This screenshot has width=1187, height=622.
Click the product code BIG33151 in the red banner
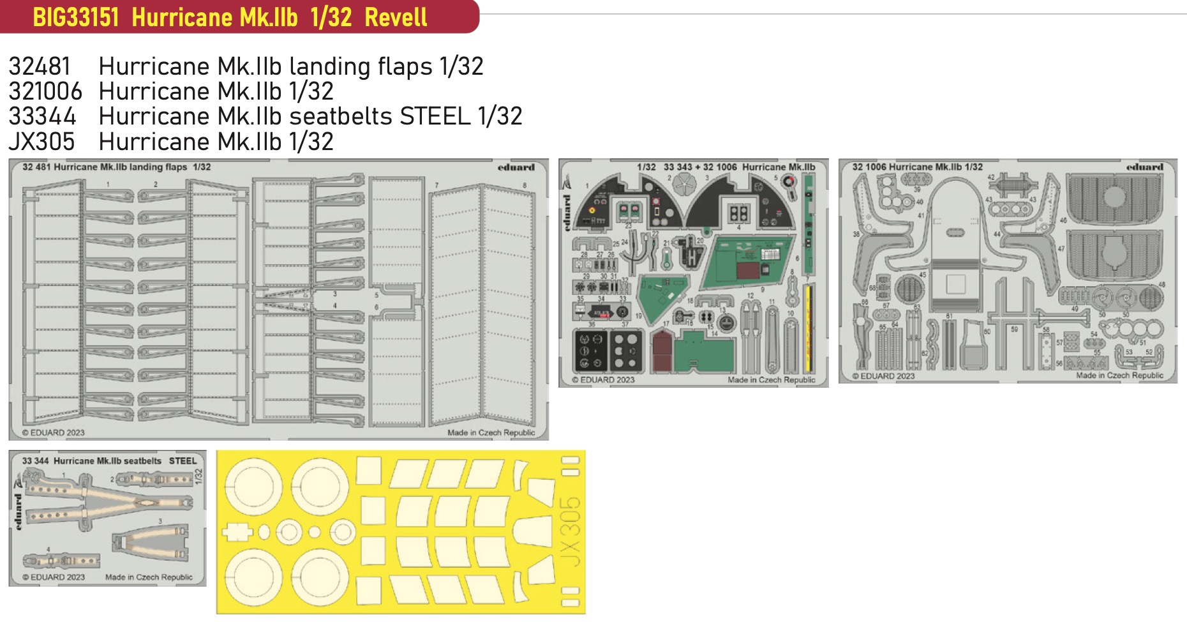point(76,17)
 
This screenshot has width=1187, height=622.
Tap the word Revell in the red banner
point(396,17)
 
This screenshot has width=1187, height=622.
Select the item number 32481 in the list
point(39,66)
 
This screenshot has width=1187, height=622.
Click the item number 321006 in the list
point(45,91)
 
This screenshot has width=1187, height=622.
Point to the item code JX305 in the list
point(41,142)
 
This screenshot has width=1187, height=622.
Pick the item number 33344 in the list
point(42,116)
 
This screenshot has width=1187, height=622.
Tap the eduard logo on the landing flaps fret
point(516,167)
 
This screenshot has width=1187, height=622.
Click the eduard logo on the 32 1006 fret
point(1144,167)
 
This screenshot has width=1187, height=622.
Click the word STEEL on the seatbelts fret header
point(183,460)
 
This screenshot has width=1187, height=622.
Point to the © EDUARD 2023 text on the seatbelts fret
point(54,577)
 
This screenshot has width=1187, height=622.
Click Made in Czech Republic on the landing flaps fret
point(491,432)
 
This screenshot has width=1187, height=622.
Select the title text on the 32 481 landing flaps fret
point(116,167)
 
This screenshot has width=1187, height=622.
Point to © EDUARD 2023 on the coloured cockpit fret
point(603,379)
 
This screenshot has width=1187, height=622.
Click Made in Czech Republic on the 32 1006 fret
point(1119,375)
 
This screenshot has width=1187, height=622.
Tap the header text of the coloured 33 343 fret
point(726,167)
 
